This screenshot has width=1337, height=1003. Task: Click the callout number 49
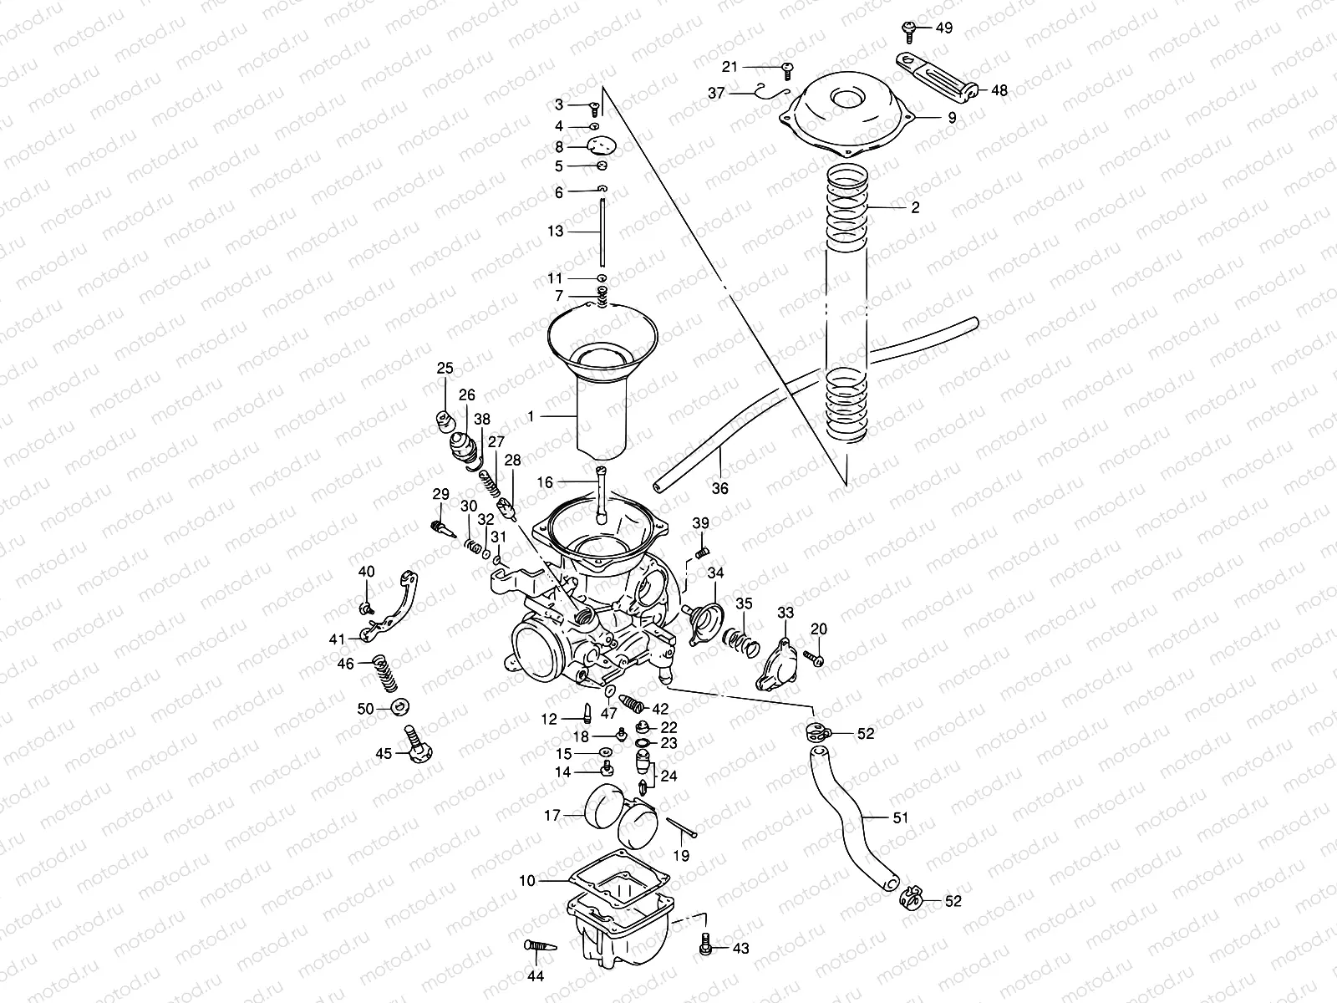click(x=943, y=28)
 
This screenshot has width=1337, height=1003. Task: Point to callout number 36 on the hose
click(x=719, y=489)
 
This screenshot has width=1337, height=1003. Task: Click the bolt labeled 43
click(x=706, y=946)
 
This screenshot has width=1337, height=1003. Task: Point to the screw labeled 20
click(x=816, y=659)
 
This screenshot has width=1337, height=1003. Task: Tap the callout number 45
click(x=383, y=753)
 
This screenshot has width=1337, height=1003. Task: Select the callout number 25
click(x=445, y=368)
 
